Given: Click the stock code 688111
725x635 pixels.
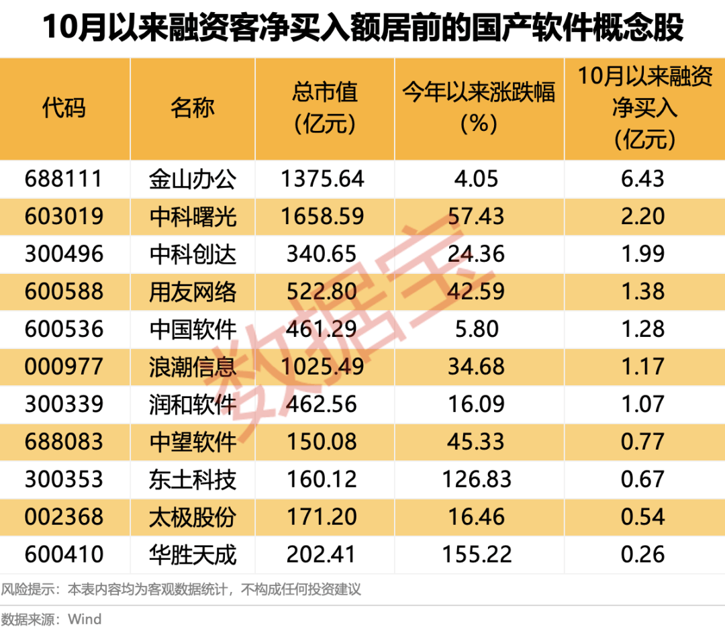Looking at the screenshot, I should pos(64,179).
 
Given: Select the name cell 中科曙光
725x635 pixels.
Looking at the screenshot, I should pos(193,216).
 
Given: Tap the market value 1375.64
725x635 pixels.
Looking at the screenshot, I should pos(325,179).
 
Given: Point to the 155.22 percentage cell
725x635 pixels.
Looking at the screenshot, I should pos(477,554).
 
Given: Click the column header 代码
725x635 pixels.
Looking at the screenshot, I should pos(64,107).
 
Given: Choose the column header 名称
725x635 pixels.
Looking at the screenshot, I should pos(193,107).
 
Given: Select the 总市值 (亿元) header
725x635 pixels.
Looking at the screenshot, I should pos(325,107).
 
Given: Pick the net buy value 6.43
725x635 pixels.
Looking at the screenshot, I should pos(644,179).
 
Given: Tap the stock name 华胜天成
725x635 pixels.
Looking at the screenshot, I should pos(193,554).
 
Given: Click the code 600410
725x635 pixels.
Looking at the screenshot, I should pos(64,554).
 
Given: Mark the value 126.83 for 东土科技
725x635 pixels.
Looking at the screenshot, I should pos(477,479).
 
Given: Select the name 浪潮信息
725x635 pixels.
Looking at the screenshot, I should pos(193,367).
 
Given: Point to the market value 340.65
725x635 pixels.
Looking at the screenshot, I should pos(325,254).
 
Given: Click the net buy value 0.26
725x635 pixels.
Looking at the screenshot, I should pos(644,554).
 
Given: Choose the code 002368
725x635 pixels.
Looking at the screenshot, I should pos(64,517).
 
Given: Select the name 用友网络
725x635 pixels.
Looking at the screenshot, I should pos(193,291).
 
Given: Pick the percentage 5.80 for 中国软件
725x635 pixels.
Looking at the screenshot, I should pos(477,329).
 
